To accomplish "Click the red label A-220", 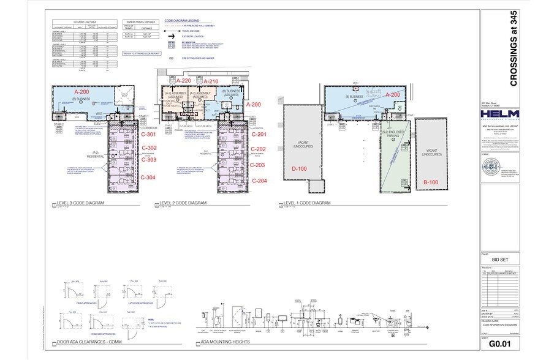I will point(184,81).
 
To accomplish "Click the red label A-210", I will point(211,81).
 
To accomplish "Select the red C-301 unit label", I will point(149,135).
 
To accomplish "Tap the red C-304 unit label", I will point(149,178).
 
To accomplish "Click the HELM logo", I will point(499,116).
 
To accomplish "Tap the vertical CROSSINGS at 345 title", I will point(513,48).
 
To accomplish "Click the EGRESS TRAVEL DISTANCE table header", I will point(139,21).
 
